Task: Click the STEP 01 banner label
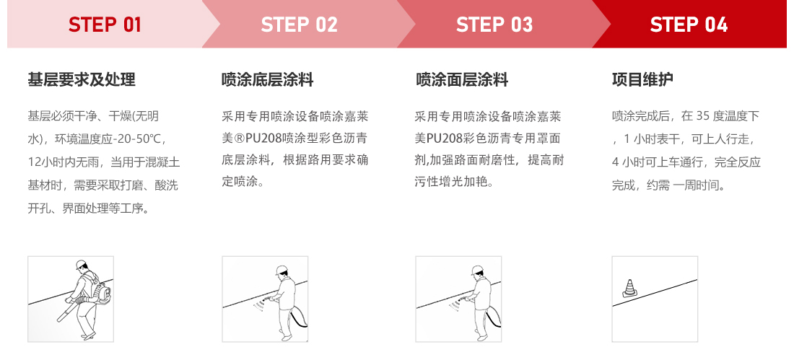click(x=105, y=25)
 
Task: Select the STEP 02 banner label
click(x=299, y=25)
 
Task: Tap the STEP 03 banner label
click(x=494, y=25)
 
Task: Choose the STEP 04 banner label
click(x=689, y=25)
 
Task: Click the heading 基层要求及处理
click(x=82, y=79)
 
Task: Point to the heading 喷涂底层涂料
click(x=268, y=79)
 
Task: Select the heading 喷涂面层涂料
click(x=462, y=79)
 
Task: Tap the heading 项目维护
click(x=642, y=79)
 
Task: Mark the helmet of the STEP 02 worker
click(x=282, y=271)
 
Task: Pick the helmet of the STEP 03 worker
click(x=476, y=271)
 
